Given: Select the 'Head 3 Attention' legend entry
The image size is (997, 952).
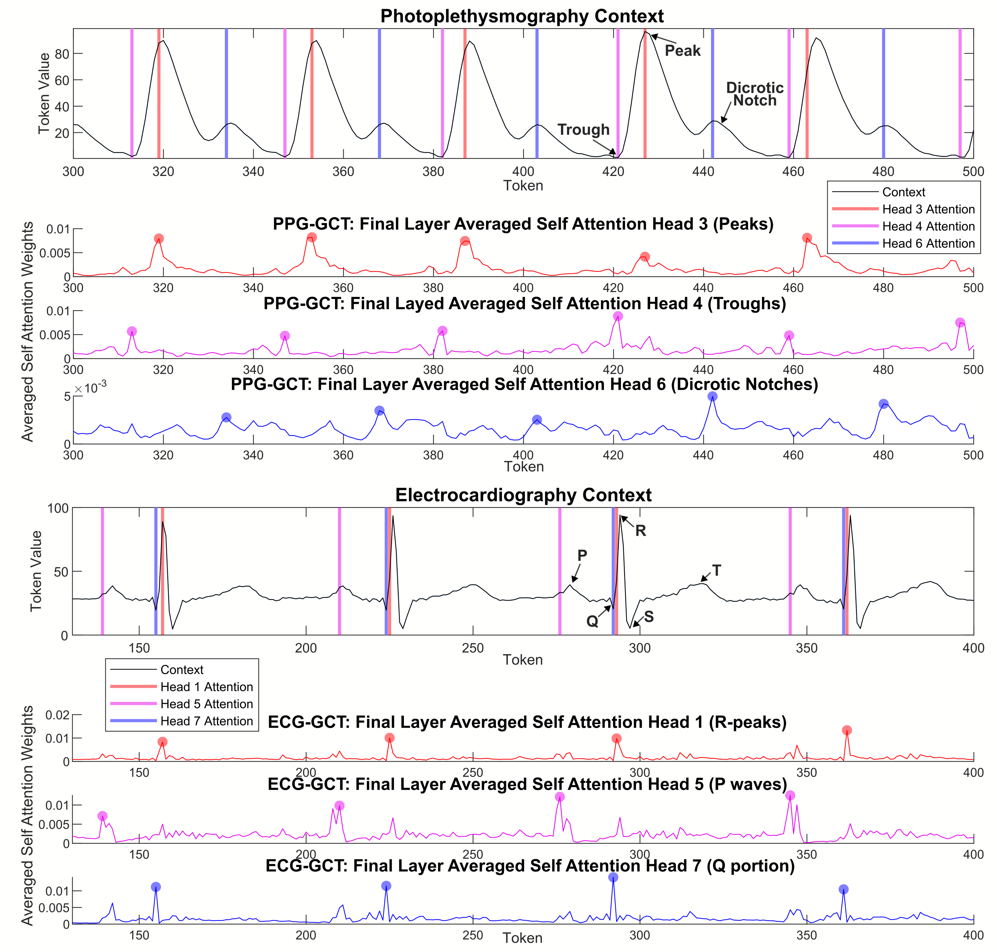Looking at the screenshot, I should pos(928,209).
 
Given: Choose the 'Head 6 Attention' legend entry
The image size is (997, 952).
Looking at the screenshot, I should pos(928,244).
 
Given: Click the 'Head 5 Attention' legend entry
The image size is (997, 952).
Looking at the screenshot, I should pos(206,704).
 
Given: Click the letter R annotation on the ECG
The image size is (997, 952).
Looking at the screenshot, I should pos(641,531).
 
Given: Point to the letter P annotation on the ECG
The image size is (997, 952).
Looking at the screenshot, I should pos(582,555).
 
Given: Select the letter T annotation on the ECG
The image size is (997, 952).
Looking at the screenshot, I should pos(717,570).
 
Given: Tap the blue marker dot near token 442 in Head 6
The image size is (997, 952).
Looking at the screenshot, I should pos(713,396).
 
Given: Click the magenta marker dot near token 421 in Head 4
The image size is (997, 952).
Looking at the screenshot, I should pos(618,316).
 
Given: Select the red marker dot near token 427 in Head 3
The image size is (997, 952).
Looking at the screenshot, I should pos(645,257).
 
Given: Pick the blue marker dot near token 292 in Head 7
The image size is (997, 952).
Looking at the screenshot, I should pos(613,877).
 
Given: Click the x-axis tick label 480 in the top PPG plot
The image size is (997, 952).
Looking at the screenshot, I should pos(883,172).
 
